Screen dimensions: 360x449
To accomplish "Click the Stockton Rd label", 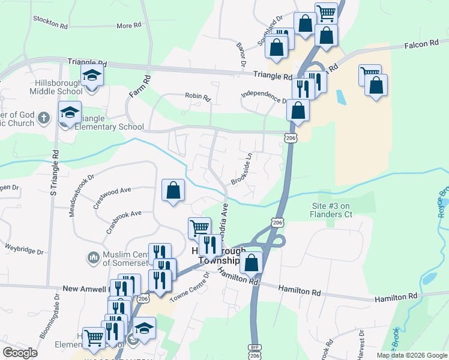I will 51,24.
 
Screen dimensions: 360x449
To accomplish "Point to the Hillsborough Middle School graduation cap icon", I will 92,76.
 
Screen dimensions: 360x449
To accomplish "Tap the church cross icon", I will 43,118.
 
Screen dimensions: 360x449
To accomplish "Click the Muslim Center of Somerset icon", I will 92,257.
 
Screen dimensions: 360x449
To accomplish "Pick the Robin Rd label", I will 197,96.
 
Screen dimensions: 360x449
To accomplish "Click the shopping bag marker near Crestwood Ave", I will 173,190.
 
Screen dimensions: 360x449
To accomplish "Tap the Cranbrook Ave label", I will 124,213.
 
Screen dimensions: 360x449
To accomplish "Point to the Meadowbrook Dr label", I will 82,196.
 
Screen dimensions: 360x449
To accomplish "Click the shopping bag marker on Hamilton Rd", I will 251,262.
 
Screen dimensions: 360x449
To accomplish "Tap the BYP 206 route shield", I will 255,352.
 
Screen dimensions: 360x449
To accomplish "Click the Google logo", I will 20,353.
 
